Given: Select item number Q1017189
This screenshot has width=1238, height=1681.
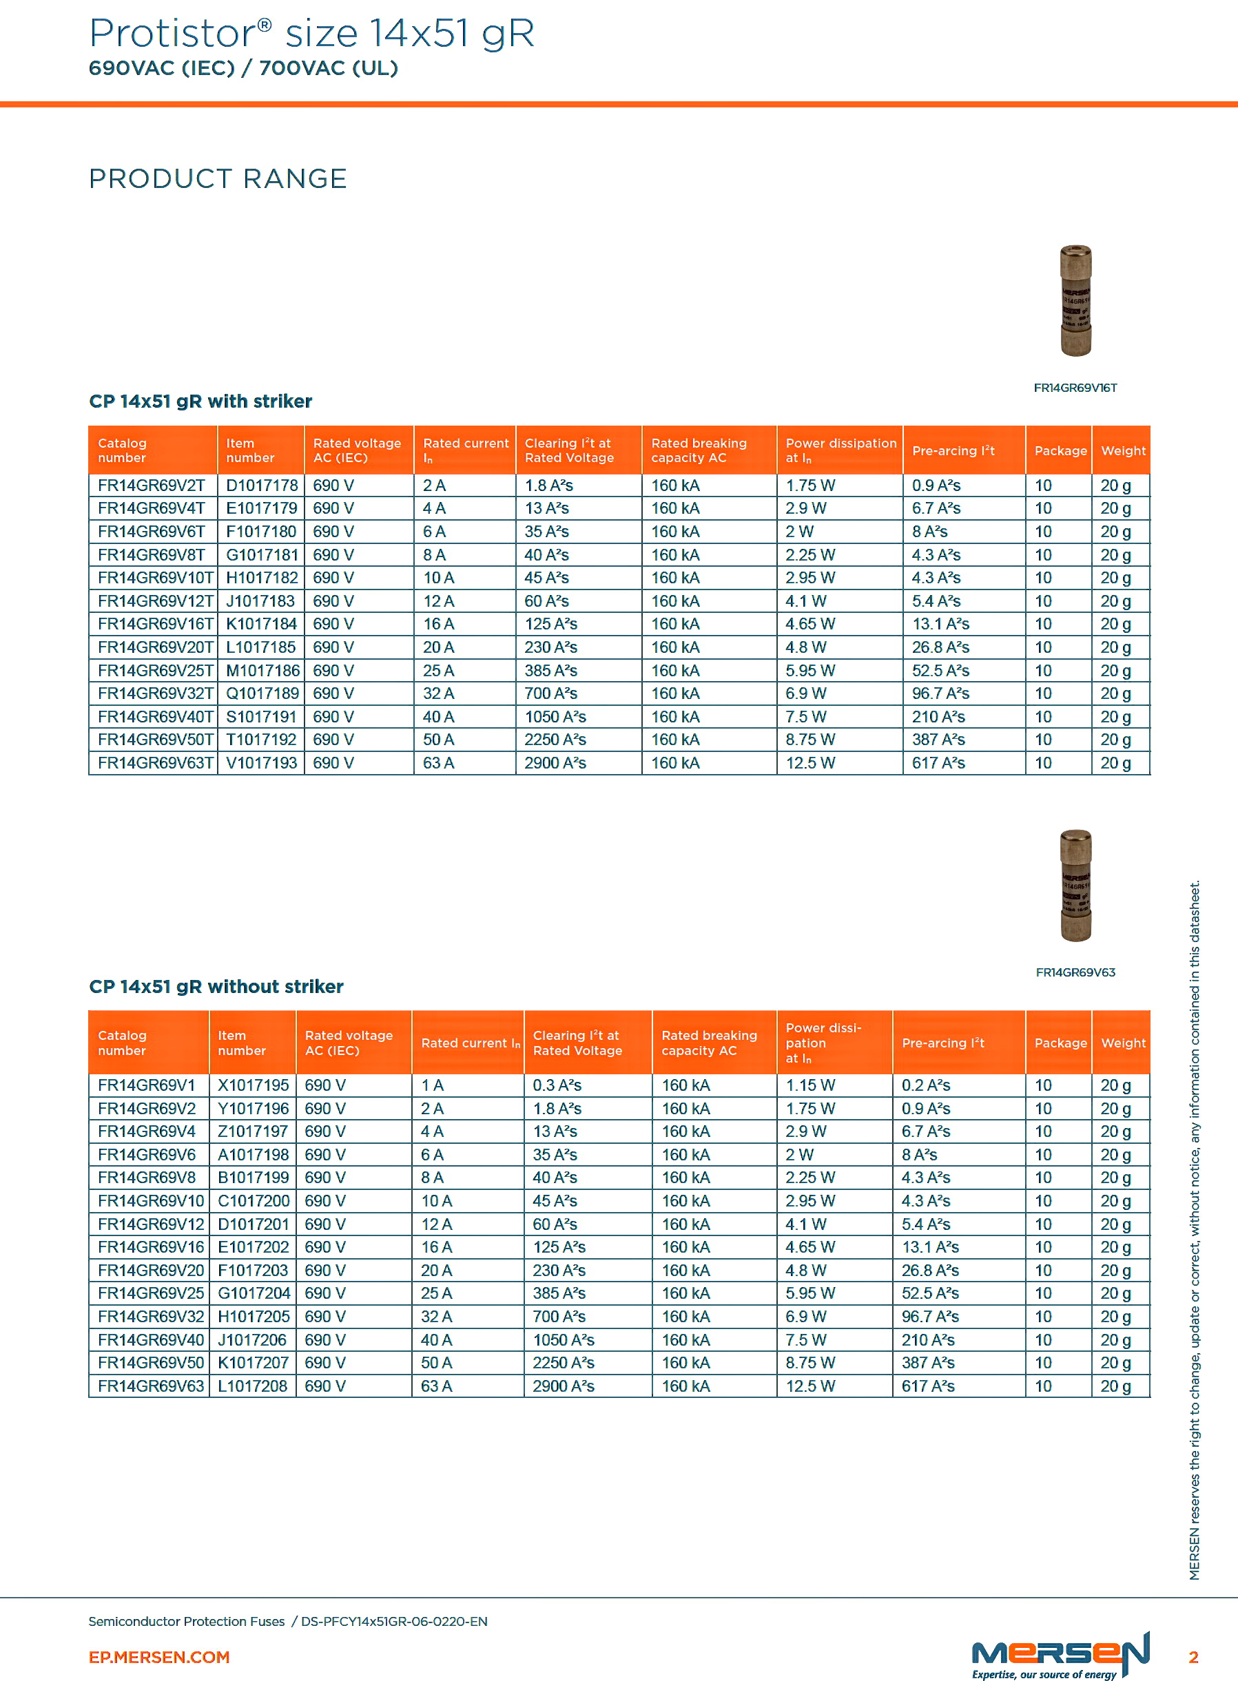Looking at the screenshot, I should pos(262,693).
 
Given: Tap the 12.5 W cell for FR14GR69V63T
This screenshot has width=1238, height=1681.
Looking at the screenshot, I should pos(810,763).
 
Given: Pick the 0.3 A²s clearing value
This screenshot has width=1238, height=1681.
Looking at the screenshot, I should pos(557,1085).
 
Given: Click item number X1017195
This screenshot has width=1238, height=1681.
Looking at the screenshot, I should pos(254,1085).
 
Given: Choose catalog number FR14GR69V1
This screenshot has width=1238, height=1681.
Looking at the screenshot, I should pos(146,1085).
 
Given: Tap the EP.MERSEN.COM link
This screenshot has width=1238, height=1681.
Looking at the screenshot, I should pos(159,1657).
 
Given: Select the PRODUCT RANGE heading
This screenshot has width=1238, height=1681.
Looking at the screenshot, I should pos(217,179).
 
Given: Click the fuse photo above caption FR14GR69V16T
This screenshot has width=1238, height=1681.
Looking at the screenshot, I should pos(1075,300).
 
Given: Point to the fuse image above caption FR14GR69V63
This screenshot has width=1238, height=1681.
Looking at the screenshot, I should pos(1075,886).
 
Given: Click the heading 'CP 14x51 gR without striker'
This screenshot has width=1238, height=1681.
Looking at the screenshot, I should pos(216,987).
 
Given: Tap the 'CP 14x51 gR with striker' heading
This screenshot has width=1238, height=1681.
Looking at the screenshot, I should pos(200,401).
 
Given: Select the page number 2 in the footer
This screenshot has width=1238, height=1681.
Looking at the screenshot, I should pos(1193,1657).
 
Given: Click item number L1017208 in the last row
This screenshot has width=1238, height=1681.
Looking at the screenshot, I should pos(253,1386).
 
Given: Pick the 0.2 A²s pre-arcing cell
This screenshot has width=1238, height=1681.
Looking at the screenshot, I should pos(925,1085).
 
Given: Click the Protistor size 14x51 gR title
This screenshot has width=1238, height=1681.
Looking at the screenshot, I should pos(311,34).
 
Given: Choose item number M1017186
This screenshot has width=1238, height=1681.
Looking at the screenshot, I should pos(262,671).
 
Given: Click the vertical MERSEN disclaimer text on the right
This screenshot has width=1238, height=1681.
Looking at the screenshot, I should pos(1195,1229).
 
